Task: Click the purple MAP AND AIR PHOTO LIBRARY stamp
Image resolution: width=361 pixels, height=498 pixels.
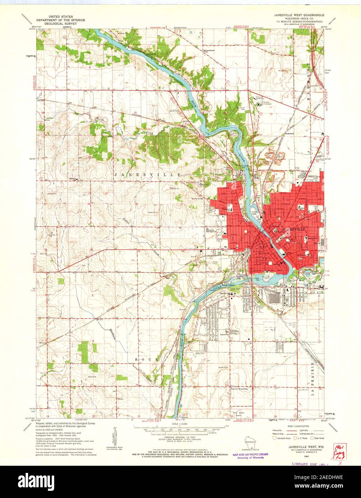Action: point(250,455)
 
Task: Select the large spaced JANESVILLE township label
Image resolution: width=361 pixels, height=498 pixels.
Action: point(147,174)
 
